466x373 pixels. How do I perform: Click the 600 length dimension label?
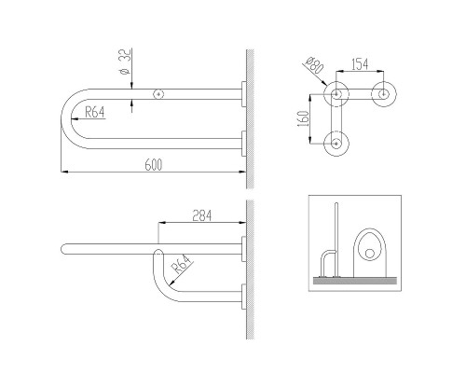pos(154,165)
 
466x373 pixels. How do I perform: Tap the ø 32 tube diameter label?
pos(125,62)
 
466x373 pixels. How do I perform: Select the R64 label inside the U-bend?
pos(95,112)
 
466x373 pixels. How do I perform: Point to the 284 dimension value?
pos(202,215)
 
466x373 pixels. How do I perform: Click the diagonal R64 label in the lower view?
pos(181,264)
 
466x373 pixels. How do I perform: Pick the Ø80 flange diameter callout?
pos(314,65)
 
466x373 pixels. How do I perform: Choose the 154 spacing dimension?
pos(360,64)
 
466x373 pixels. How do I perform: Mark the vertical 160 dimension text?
pos(303,118)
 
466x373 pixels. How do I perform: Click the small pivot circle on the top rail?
pos(158,94)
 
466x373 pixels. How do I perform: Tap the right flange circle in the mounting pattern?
pos(384,94)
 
